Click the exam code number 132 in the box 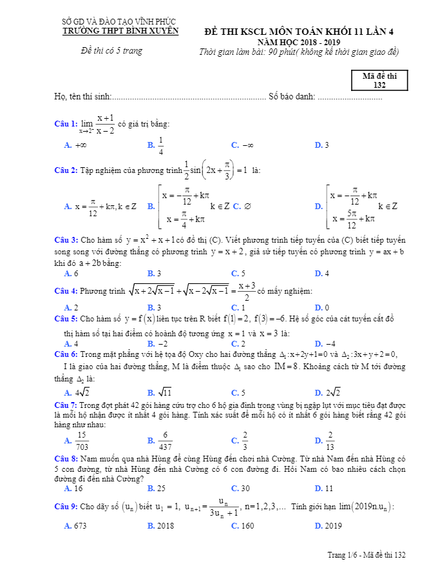(379, 85)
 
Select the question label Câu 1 (66, 123)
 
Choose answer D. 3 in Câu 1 (322, 145)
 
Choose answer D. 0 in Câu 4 (322, 308)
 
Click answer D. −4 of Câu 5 (325, 343)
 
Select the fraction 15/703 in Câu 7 (82, 441)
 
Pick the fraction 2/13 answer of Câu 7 (330, 441)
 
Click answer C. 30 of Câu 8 (240, 489)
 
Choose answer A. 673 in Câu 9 (76, 526)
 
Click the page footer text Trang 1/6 (345, 554)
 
